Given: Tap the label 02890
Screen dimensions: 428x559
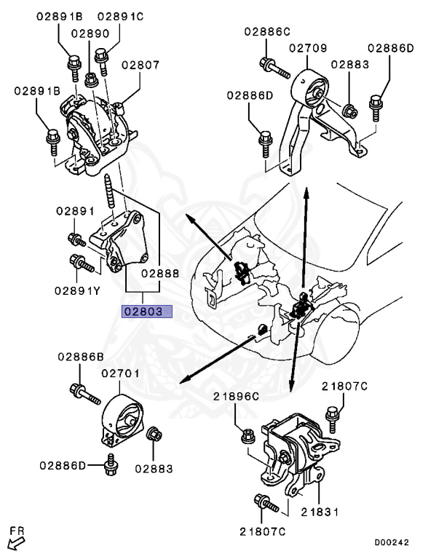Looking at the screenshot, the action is click(90, 33).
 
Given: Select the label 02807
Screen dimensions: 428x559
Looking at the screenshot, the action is click(140, 65).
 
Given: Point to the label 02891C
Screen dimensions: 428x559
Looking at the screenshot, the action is click(121, 17).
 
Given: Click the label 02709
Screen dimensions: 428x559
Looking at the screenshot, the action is click(308, 48).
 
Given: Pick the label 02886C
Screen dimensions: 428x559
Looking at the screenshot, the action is click(267, 31).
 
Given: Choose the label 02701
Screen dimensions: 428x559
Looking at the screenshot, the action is click(121, 373).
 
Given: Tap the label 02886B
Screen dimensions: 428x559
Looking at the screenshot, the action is click(81, 357).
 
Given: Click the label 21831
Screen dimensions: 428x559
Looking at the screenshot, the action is click(320, 512).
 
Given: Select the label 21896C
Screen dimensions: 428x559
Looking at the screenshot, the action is click(236, 396).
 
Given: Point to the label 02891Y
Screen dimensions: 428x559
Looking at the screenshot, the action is click(77, 291).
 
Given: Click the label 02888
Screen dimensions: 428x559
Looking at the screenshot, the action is click(160, 274).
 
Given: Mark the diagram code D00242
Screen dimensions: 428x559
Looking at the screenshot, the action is click(392, 542).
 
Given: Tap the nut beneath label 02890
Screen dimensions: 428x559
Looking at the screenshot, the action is click(91, 79).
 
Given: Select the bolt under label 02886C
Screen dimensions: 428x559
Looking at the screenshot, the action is click(274, 68).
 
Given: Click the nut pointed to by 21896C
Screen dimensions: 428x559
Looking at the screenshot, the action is click(248, 437).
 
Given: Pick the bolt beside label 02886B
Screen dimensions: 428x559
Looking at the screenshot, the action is click(85, 394).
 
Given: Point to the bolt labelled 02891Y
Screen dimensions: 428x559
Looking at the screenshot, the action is click(82, 263).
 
